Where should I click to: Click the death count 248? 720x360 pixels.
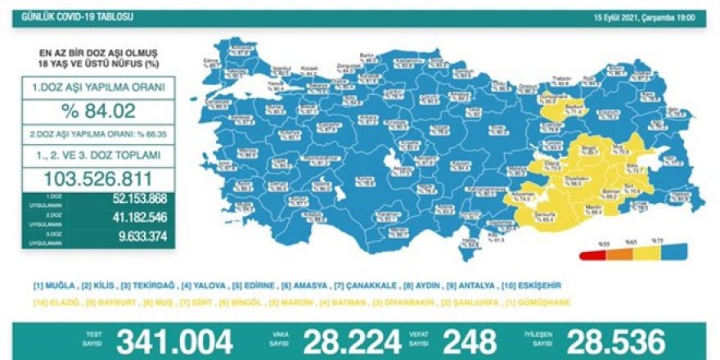[x=468, y=340]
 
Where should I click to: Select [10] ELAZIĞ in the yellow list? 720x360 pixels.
[x=53, y=303]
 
